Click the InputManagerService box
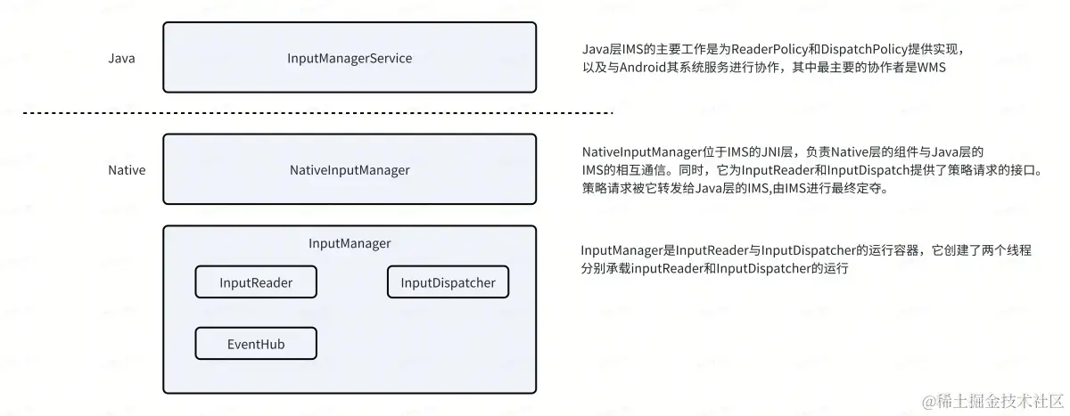[x=350, y=58]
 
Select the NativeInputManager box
[x=350, y=169]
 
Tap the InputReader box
[x=256, y=283]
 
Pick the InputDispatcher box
[x=448, y=283]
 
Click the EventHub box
[x=256, y=343]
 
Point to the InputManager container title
[x=350, y=242]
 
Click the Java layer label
[x=121, y=59]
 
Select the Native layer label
[x=127, y=169]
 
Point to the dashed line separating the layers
[x=317, y=113]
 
